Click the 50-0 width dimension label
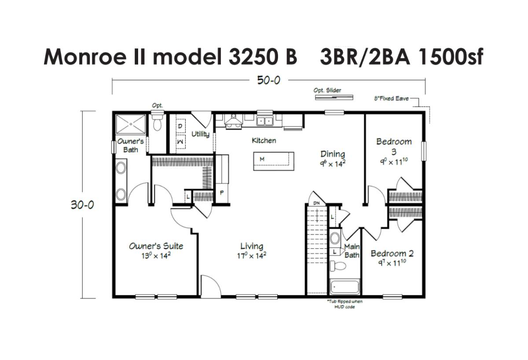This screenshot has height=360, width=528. click(268, 81)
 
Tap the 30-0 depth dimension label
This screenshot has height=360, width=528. click(82, 205)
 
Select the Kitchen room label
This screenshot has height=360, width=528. click(264, 140)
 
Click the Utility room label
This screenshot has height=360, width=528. click(200, 134)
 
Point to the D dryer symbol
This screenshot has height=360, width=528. click(180, 126)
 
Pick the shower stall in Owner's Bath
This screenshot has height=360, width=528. click(131, 124)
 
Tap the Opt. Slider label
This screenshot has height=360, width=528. click(327, 90)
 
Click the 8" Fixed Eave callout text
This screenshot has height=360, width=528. click(391, 99)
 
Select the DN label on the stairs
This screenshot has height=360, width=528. click(316, 203)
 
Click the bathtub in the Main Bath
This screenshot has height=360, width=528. click(345, 287)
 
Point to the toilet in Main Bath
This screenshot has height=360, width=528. click(337, 266)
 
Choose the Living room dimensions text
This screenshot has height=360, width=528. click(252, 256)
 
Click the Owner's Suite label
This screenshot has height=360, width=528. click(156, 246)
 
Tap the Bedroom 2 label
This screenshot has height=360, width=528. click(392, 253)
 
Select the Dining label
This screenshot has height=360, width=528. click(333, 154)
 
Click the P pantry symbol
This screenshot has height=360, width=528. click(222, 193)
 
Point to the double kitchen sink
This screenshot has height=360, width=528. click(265, 121)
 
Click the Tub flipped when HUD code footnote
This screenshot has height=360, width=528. click(345, 304)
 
